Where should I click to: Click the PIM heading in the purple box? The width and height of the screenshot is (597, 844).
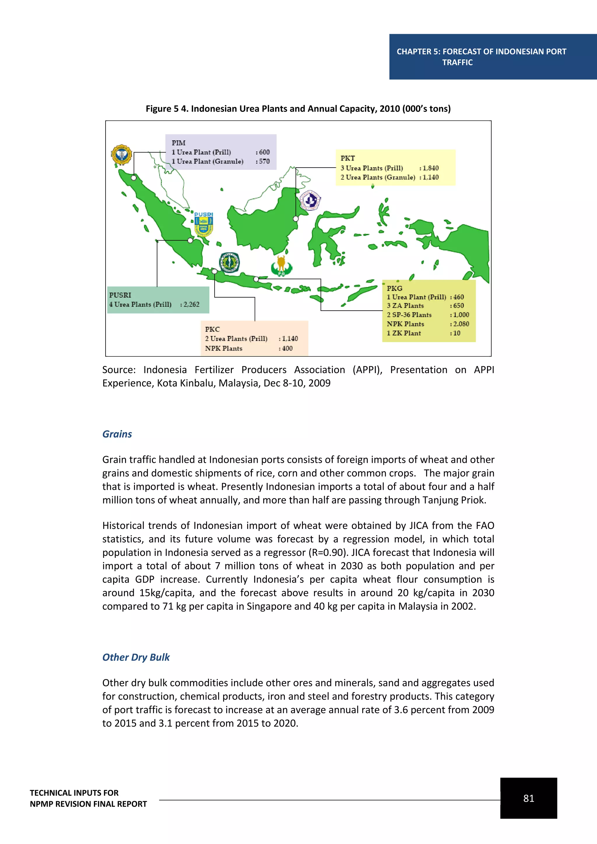(178, 143)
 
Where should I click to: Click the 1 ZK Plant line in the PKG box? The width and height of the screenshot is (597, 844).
(404, 333)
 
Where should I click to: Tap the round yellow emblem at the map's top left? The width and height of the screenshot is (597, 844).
(121, 155)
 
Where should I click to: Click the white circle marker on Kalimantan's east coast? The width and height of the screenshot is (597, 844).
(296, 219)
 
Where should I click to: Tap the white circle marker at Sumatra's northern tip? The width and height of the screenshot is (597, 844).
(134, 178)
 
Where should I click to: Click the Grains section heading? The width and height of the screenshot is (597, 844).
(117, 434)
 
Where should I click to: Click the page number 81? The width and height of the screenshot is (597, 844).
(528, 799)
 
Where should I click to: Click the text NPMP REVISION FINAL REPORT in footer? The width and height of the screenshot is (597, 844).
(88, 804)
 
